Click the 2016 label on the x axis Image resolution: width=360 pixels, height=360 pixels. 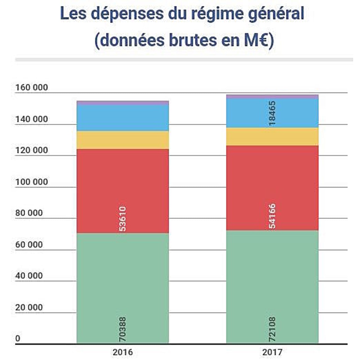pos(123,352)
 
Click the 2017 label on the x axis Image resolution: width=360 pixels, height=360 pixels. pos(272,352)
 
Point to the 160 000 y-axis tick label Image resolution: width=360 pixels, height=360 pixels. pos(31,87)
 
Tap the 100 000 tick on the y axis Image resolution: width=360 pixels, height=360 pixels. pos(31,182)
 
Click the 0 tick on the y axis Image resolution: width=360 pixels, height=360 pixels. pos(18,338)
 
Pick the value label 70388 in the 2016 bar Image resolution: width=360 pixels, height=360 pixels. pos(123,329)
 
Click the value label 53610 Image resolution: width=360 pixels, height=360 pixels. pos(123,219)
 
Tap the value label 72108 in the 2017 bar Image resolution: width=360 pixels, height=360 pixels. pos(272,329)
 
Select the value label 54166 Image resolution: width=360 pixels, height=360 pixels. pos(272,216)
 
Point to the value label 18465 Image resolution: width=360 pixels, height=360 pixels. pos(272,113)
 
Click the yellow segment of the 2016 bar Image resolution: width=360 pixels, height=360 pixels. pos(123,140)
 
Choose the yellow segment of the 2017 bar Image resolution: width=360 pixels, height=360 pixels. pos(272,137)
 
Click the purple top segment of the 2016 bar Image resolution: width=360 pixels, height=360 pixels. pos(123,103)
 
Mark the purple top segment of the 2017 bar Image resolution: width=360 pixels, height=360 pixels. pos(272,97)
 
